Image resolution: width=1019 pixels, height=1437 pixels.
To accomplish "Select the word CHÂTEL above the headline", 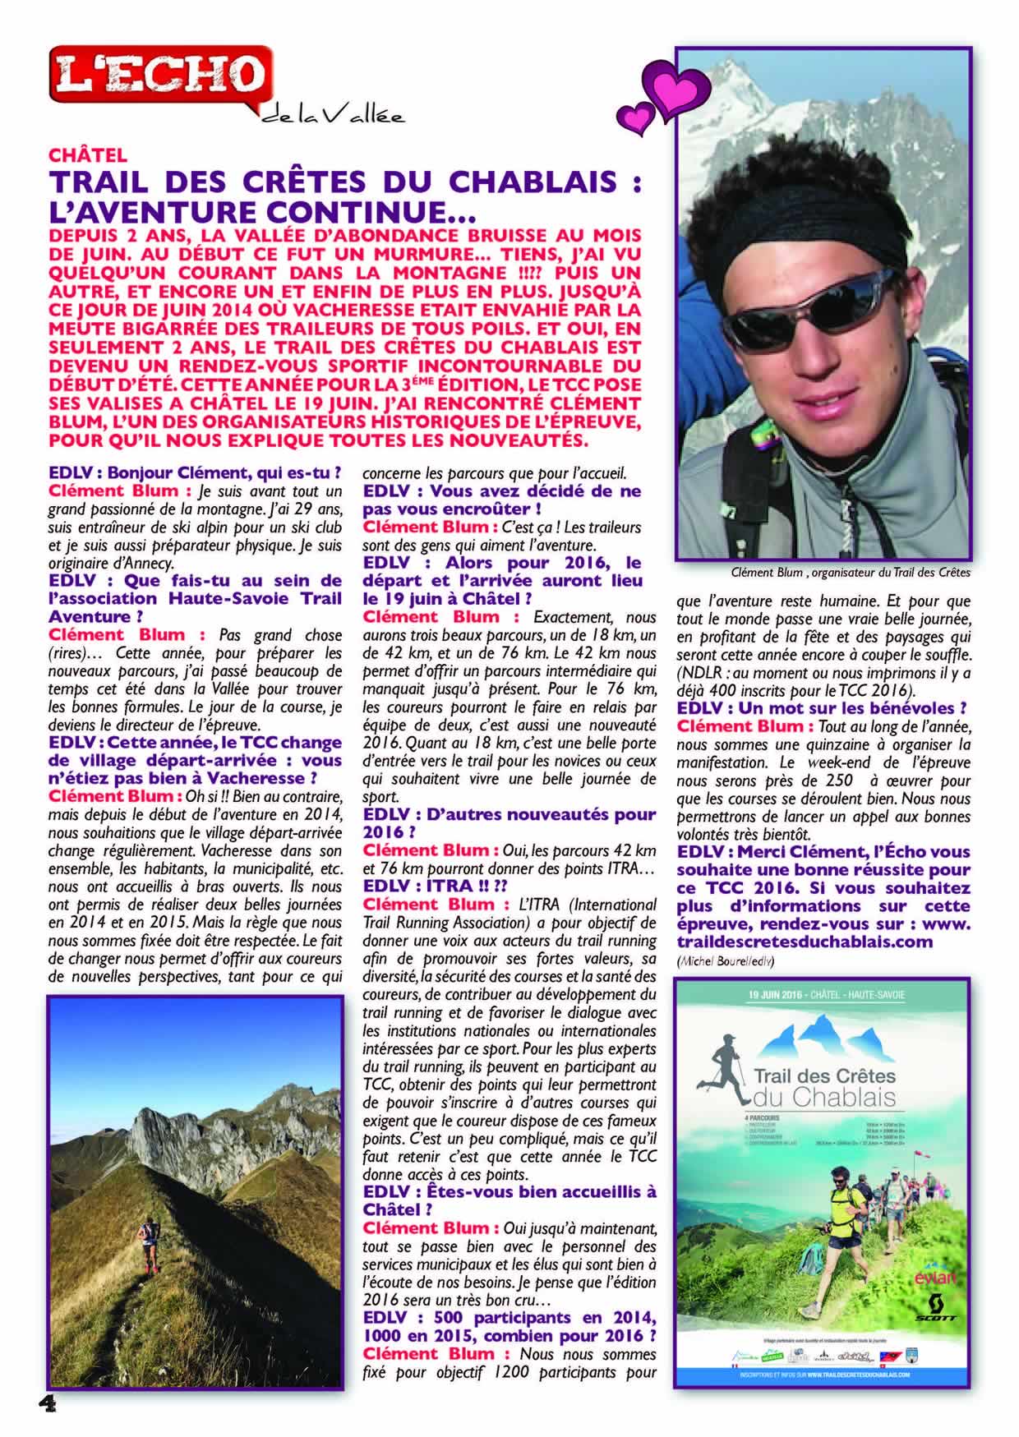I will point(88,154).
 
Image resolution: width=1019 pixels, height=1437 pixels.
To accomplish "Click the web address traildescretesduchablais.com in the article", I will point(805,942).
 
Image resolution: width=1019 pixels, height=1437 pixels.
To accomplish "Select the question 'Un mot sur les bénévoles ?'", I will point(821,708).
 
